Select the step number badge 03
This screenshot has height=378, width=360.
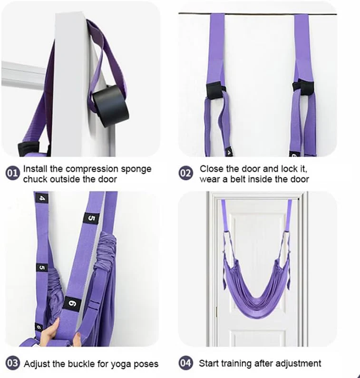click(13, 364)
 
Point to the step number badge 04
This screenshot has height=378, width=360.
click(185, 364)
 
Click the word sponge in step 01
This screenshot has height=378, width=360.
click(135, 169)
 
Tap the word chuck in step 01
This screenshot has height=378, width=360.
click(35, 179)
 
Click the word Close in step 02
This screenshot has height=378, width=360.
click(210, 169)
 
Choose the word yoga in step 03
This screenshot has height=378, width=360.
click(111, 364)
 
